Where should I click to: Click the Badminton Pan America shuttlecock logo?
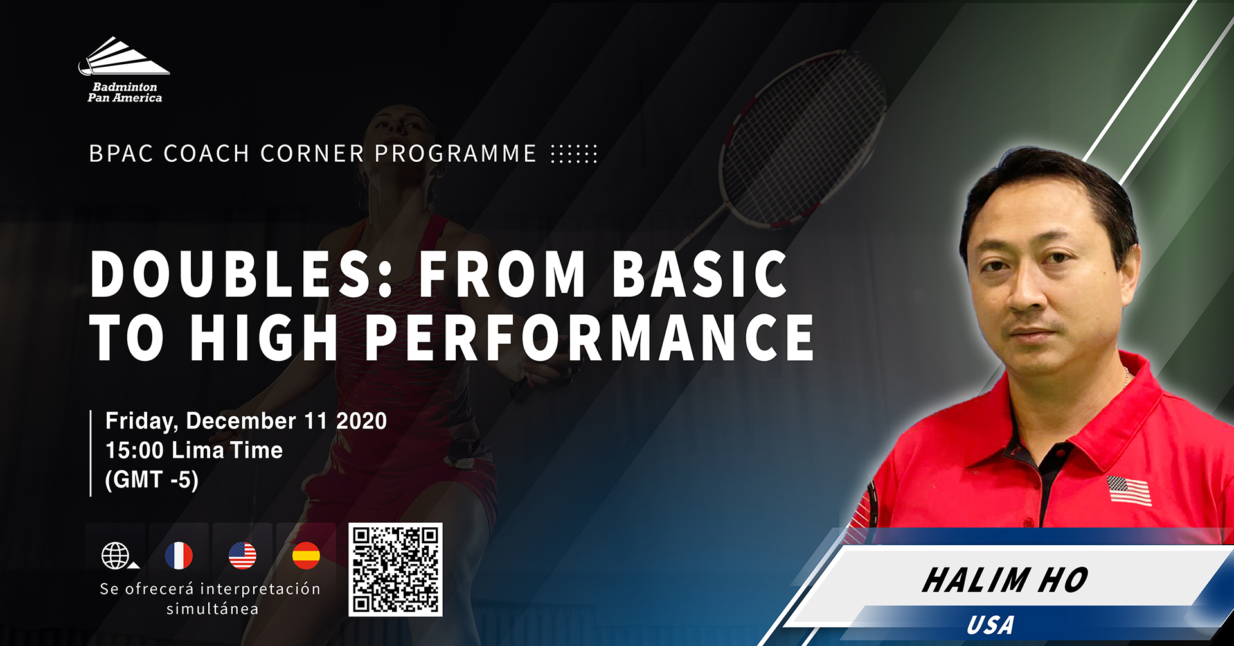coord(124,69)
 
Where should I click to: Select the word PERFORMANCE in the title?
coord(590,337)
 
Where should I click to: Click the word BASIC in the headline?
coord(700,274)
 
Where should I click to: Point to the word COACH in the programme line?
coord(206,154)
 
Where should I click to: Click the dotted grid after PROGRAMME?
coord(574,154)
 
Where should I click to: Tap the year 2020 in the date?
coord(362,421)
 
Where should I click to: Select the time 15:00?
coord(134,450)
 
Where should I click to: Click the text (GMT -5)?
coord(152,480)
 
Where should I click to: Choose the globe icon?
coord(116,555)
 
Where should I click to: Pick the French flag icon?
coord(179,555)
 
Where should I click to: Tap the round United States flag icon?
coord(242,555)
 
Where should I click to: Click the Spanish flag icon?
coord(306,555)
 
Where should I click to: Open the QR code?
coord(395,570)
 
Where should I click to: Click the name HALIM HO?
coord(1005,581)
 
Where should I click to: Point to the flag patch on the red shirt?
coord(1129,491)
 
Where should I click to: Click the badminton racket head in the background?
coord(803,138)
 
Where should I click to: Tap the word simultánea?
coord(213,609)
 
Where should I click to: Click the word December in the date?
coord(241,421)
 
